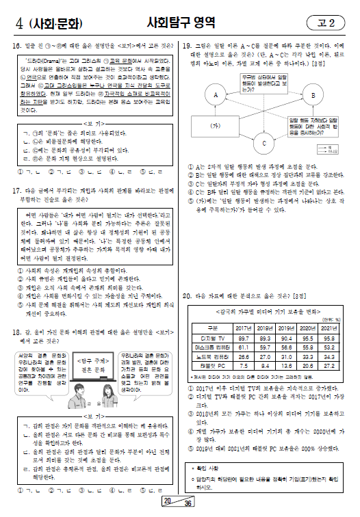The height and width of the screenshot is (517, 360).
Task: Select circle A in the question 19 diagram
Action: coord(215,94)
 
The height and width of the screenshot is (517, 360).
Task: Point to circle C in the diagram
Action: coord(263,144)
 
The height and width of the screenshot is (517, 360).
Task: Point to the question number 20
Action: coord(189,295)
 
